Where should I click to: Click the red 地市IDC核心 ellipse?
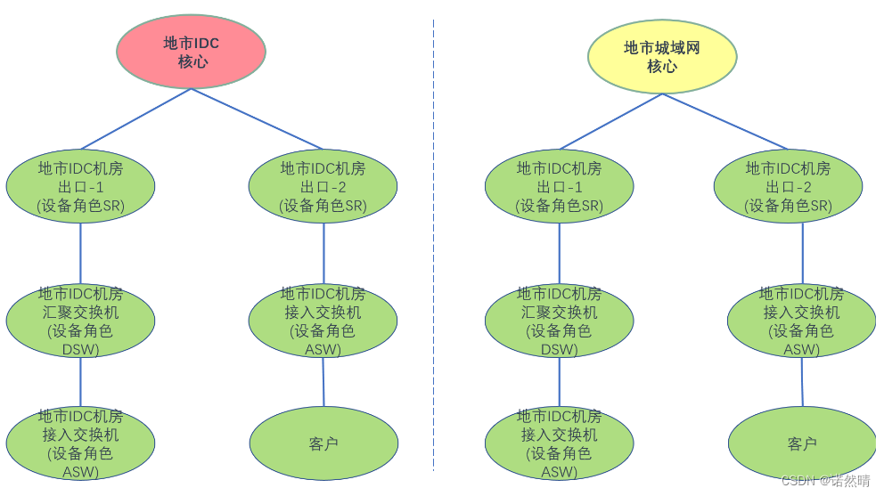coord(191,52)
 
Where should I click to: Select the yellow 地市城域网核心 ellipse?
coord(662,56)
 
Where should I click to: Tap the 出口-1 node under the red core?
coord(80,186)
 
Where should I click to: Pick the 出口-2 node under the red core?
coord(323,186)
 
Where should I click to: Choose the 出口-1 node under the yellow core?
coord(559,186)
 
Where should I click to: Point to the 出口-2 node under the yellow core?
coord(788,186)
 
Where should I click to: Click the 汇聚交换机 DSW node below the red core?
coord(80,321)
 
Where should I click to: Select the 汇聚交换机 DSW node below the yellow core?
coord(559,321)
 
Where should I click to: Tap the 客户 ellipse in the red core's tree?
coord(323,443)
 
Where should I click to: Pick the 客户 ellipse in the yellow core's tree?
coord(802,443)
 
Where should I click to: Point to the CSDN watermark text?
coord(825,481)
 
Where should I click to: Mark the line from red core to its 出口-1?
coord(135,118)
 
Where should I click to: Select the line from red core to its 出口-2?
coord(257,118)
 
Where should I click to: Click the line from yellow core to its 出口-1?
coord(610,121)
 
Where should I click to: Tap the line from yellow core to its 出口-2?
coord(725,121)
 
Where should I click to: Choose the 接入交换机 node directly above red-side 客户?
coord(323,321)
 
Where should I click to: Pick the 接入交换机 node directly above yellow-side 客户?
coord(801,321)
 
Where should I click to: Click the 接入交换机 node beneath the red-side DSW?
coord(80,443)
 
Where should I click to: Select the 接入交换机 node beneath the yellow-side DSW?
coord(559,443)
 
